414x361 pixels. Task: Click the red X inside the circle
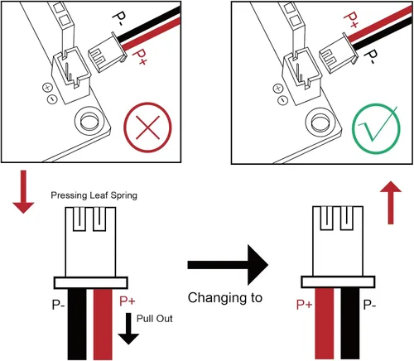point(147,128)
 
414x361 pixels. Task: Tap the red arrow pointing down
point(23,191)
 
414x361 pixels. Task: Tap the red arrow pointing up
point(391,202)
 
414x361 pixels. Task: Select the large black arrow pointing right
point(228,265)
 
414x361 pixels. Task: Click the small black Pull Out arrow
point(128,329)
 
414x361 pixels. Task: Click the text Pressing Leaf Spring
point(94,195)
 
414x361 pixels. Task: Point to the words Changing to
point(225,298)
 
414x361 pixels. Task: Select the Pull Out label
point(155,319)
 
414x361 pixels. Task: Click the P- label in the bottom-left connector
point(58,305)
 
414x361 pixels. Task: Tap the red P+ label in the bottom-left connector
point(128,301)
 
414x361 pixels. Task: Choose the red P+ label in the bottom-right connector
point(305,305)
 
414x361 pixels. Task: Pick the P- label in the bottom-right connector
point(369,305)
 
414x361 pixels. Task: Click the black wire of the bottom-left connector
point(77,325)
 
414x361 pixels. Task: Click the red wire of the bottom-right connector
point(325,324)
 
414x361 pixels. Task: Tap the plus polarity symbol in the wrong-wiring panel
point(47,88)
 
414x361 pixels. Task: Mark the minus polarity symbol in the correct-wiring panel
point(282,100)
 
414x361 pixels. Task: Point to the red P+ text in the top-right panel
point(351,20)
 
